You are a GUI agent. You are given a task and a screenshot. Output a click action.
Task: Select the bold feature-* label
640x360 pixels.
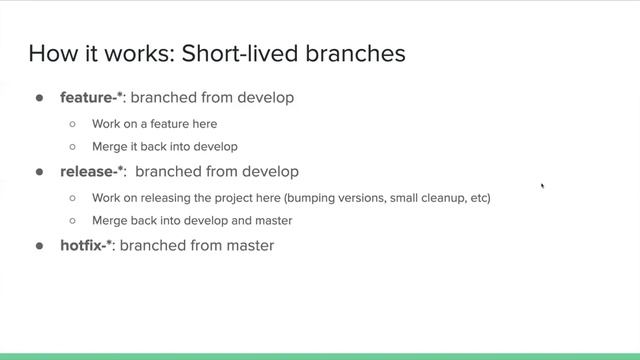91,98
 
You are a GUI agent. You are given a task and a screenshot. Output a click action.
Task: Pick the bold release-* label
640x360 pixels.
93,172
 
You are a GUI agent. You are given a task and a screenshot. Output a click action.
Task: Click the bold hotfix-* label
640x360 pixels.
87,245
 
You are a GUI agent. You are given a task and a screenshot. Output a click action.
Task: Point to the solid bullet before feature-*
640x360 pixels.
41,99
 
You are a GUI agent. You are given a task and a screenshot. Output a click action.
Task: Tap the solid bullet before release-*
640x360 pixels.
41,172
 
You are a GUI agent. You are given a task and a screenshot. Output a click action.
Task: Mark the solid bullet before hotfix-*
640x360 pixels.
41,245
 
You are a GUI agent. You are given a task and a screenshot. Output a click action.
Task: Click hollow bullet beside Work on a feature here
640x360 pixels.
73,124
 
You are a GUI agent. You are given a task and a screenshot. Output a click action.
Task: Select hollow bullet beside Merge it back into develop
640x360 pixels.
73,147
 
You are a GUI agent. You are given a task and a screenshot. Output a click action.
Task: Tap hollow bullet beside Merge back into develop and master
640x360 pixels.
73,220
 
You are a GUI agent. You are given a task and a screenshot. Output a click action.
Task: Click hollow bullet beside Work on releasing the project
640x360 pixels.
73,198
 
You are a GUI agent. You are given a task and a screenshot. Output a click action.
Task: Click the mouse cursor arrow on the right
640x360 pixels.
542,185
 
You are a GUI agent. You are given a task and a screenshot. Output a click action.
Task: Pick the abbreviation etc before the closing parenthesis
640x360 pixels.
479,198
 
